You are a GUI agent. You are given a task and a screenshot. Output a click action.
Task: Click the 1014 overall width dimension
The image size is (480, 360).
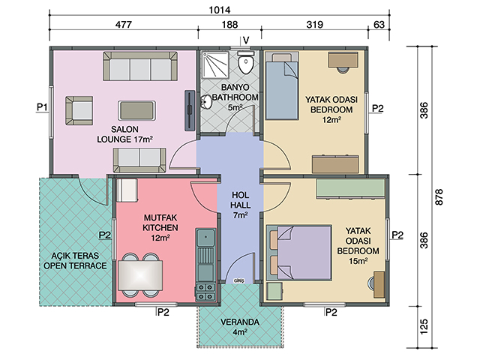pyautogui.click(x=220, y=10)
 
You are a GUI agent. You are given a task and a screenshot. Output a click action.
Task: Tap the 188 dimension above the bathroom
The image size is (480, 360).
pyautogui.click(x=229, y=25)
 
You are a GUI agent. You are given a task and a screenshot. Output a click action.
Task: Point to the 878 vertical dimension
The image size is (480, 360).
pyautogui.click(x=439, y=197)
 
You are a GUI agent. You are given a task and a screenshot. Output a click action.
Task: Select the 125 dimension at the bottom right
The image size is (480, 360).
pyautogui.click(x=424, y=327)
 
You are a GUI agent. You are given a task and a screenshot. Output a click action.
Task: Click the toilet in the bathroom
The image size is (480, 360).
pyautogui.click(x=246, y=62)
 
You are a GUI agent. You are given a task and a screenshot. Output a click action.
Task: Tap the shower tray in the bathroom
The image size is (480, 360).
pyautogui.click(x=215, y=64)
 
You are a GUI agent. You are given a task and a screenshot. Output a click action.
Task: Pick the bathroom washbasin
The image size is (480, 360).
pyautogui.click(x=206, y=102)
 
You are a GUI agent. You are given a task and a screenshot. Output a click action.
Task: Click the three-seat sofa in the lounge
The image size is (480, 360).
pyautogui.click(x=140, y=67)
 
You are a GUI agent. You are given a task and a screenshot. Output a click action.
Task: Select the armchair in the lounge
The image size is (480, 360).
pyautogui.click(x=79, y=110)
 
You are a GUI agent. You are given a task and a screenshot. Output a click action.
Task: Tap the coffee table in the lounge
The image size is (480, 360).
pyautogui.click(x=136, y=110)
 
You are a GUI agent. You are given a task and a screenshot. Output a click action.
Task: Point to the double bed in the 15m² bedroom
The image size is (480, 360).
pyautogui.click(x=298, y=253)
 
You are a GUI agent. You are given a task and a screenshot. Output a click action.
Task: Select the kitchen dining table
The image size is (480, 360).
pyautogui.click(x=140, y=275)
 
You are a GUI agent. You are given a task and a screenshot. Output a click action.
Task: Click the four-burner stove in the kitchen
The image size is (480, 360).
pyautogui.click(x=205, y=292)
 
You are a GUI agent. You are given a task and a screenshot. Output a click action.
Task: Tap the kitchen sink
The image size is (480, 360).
pyautogui.click(x=205, y=238)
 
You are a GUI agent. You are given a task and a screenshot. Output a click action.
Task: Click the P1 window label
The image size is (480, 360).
pyautogui.click(x=42, y=107)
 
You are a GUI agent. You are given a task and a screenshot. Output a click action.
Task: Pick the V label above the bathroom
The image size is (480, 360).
pyautogui.click(x=246, y=40)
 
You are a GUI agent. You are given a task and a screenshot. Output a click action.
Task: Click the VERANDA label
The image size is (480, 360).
pyautogui.click(x=240, y=322)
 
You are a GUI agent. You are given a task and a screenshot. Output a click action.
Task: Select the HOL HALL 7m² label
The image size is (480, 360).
pyautogui.click(x=240, y=205)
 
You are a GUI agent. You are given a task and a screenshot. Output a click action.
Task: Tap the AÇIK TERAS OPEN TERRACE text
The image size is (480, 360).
pyautogui.click(x=75, y=260)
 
